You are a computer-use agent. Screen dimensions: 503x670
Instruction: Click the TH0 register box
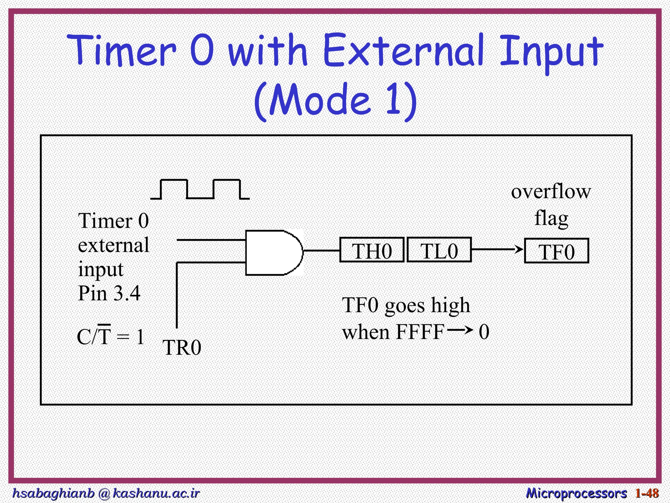(x=372, y=250)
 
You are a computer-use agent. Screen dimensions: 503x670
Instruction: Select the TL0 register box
(x=439, y=250)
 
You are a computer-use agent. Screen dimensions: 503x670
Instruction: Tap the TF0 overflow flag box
(x=556, y=251)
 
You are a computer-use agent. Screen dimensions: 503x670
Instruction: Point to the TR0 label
(x=182, y=348)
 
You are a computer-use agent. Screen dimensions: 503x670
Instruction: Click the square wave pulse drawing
(x=200, y=190)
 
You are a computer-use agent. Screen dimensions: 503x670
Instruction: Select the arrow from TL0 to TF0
(x=497, y=250)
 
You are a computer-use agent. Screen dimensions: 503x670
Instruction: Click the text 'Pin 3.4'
(x=109, y=293)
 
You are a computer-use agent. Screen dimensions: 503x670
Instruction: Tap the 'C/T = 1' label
(x=111, y=337)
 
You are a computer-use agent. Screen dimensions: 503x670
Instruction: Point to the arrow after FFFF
(x=460, y=330)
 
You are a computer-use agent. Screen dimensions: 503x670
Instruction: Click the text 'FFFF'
(x=420, y=332)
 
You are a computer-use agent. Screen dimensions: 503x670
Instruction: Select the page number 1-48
(x=647, y=493)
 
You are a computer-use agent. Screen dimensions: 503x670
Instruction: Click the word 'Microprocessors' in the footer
(x=576, y=493)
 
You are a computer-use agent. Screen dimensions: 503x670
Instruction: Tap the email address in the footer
(x=105, y=493)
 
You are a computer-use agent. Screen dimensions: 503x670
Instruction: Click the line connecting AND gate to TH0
(x=322, y=251)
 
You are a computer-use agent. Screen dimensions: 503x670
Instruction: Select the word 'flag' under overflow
(x=551, y=218)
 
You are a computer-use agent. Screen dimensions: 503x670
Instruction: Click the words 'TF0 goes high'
(x=406, y=305)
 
